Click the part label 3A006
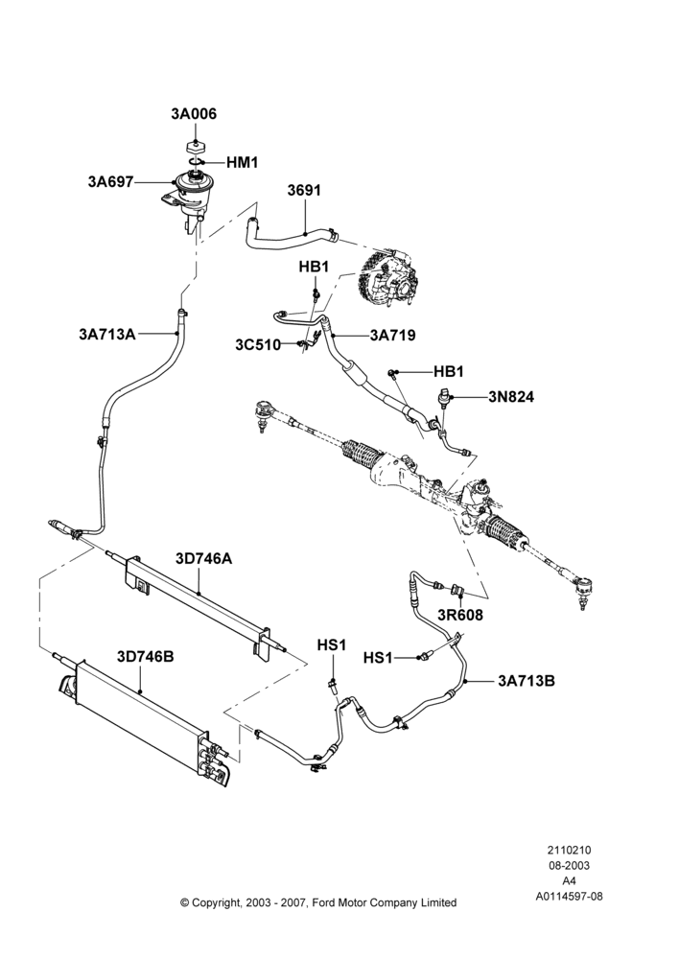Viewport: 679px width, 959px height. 194,114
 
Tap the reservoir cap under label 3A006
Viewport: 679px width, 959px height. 195,148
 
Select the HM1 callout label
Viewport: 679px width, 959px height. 243,162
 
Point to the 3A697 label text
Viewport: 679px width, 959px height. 110,181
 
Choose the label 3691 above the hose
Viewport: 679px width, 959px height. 304,190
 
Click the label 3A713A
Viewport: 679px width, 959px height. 107,334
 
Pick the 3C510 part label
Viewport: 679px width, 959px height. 258,345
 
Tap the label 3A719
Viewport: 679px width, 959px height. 392,335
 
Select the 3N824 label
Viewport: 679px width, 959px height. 511,397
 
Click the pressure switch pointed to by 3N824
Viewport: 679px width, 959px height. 445,398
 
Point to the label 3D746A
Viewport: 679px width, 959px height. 203,558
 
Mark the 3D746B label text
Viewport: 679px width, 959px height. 146,656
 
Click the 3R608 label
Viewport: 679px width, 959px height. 460,615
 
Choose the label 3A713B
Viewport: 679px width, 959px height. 527,680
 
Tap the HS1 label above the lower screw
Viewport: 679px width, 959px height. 332,644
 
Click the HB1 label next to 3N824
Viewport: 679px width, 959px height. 449,371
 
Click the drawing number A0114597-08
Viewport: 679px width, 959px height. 569,896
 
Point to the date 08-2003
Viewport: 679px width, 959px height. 569,865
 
